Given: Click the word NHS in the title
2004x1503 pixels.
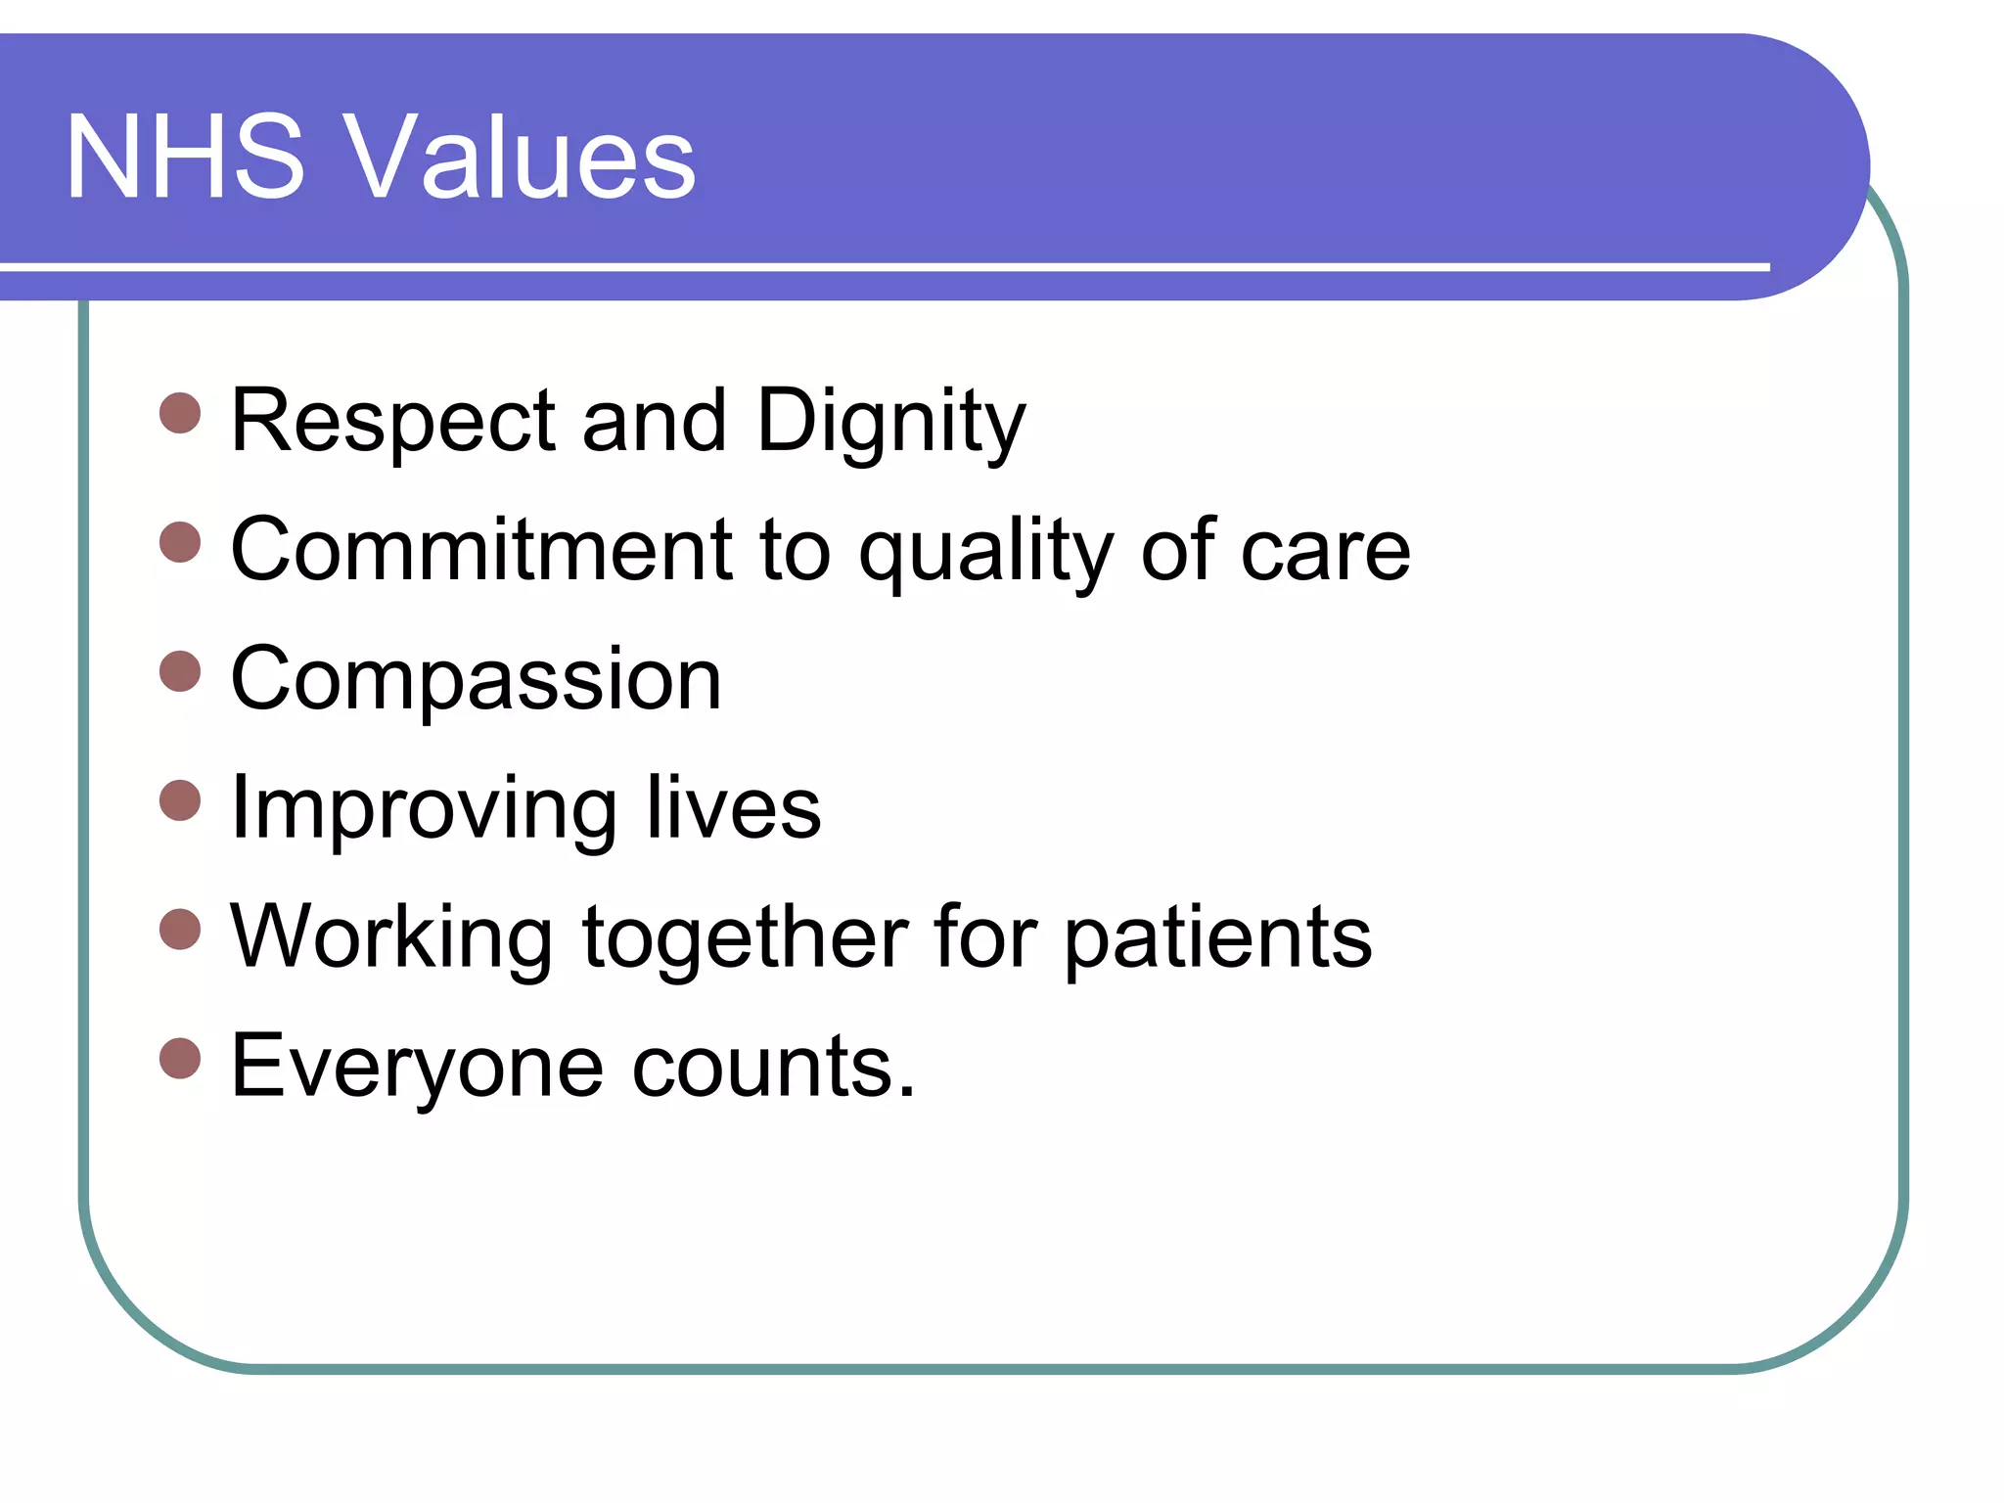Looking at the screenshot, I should coord(185,157).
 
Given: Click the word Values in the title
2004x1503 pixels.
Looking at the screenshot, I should coord(523,157).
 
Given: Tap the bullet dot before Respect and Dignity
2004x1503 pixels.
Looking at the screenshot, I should coord(180,414).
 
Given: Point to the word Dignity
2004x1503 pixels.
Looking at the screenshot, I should coord(890,423).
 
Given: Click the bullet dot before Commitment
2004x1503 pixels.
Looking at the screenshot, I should coord(180,542).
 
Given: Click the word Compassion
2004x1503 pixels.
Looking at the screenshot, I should coord(477,681).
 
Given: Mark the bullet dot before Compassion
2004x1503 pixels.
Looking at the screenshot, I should coord(180,671).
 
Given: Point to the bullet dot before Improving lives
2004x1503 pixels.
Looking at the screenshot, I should coord(180,800).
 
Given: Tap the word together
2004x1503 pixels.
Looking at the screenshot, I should coord(744,939).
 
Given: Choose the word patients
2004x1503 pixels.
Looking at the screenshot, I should coord(1217,939).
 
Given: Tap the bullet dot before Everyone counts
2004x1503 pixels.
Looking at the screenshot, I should coord(180,1059).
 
